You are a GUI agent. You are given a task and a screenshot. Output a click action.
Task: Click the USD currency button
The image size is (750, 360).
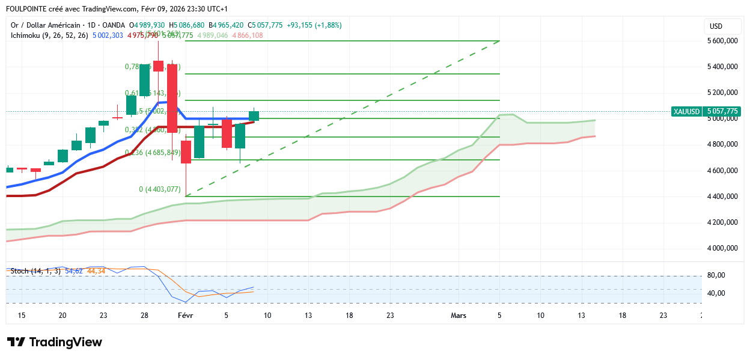point(716,26)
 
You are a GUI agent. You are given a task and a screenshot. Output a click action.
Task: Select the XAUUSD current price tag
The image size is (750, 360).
point(706,111)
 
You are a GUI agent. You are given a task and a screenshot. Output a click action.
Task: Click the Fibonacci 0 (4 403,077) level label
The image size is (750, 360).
point(160,189)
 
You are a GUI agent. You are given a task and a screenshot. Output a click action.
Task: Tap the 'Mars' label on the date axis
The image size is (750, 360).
point(459,315)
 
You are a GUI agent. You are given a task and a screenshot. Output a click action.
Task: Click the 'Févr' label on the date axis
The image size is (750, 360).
point(186,315)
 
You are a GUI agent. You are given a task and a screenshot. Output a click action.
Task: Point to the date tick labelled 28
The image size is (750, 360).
point(144,315)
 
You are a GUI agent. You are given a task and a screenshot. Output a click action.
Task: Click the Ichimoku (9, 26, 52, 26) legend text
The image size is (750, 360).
point(49,35)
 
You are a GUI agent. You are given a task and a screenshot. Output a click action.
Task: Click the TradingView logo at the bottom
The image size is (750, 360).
point(55,342)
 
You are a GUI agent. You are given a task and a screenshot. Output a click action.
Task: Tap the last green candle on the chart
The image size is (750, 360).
point(254,116)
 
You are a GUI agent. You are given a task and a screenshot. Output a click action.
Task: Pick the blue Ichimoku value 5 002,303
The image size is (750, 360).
point(108,35)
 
